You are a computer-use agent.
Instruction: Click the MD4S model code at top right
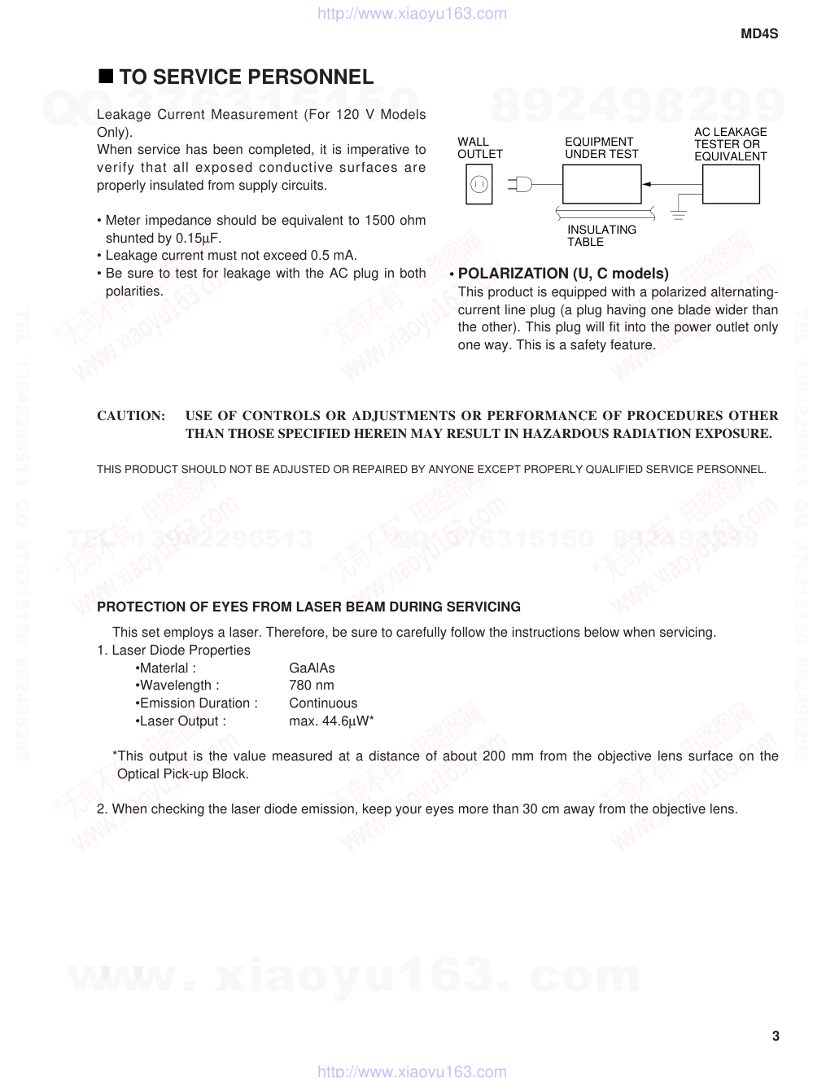tap(758, 34)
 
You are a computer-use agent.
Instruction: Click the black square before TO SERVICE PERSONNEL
tap(105, 77)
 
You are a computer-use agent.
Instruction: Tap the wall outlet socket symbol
tap(479, 184)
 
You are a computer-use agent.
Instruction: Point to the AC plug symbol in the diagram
tap(521, 184)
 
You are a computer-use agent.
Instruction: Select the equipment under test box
tap(601, 184)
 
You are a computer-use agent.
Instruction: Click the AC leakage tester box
tap(730, 184)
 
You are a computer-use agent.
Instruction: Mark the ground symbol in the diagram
tap(679, 214)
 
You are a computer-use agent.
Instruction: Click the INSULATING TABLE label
tap(601, 236)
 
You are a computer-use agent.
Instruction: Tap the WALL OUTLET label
tap(479, 147)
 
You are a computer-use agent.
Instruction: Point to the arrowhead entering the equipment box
tap(647, 185)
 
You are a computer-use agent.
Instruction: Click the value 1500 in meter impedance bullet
tap(379, 221)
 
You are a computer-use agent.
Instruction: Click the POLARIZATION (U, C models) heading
tap(563, 274)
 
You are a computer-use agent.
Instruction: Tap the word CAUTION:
tap(131, 416)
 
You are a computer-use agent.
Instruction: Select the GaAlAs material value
tap(312, 668)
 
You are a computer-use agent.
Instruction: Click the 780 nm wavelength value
tap(311, 686)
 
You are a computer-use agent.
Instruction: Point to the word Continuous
tap(323, 703)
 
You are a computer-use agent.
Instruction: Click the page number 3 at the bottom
tap(776, 1036)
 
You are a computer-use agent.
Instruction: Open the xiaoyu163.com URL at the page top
tap(412, 14)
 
